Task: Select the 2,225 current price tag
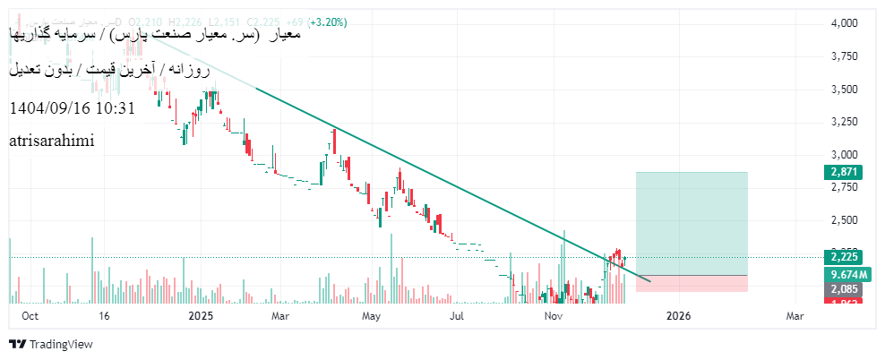pos(845,257)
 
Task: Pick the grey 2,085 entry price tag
pos(845,290)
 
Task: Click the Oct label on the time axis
pos(30,316)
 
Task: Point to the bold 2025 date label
pos(202,316)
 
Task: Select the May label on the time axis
pos(372,316)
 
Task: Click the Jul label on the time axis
pos(458,316)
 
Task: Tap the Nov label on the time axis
pos(554,316)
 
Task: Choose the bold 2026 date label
pos(679,316)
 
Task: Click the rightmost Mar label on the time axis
pos(795,316)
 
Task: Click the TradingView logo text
pos(61,345)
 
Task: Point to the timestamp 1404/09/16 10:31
pos(72,108)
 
